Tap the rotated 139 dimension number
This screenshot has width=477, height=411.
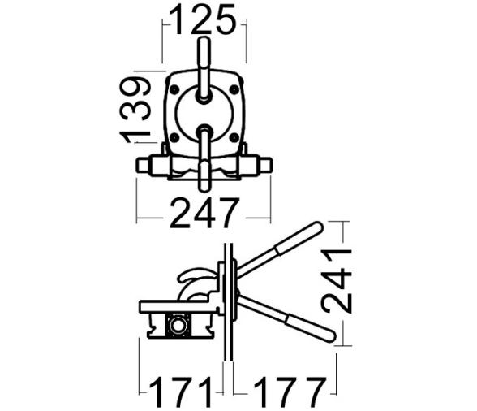[135, 110]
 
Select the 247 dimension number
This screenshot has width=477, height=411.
[204, 213]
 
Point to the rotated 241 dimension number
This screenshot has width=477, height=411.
[337, 280]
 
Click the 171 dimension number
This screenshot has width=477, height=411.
[180, 392]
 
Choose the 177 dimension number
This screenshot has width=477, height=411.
[290, 392]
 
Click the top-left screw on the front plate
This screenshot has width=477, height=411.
[174, 89]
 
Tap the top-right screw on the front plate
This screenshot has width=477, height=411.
[234, 89]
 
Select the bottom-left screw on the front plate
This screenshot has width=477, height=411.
[174, 138]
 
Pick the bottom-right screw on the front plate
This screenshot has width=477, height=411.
[234, 138]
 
